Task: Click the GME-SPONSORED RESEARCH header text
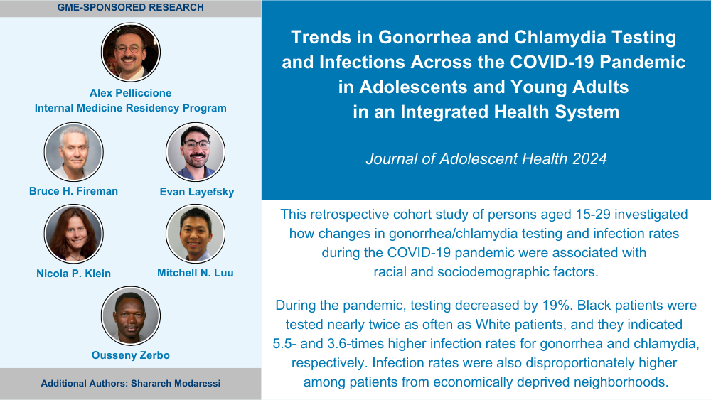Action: [x=131, y=7]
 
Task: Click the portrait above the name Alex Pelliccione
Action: [x=131, y=52]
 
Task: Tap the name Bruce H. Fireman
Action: [x=73, y=191]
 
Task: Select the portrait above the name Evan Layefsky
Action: [x=196, y=152]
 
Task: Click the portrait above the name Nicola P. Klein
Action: [x=73, y=234]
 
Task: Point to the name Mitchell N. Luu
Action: [x=196, y=273]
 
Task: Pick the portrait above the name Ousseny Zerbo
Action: [x=131, y=315]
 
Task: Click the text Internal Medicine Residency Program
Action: [x=131, y=108]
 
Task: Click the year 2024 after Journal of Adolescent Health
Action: [x=589, y=158]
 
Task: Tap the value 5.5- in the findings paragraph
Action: [x=284, y=343]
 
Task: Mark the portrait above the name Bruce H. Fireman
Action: [x=73, y=152]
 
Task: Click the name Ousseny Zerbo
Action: [x=131, y=355]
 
